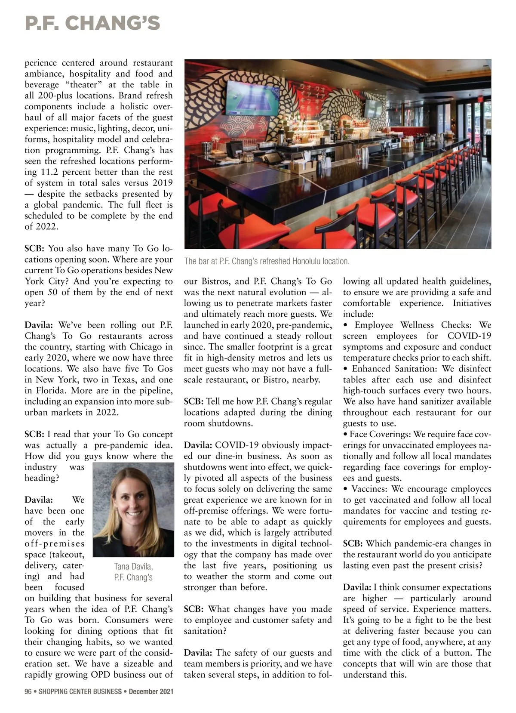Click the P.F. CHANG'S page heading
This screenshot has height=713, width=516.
pyautogui.click(x=92, y=23)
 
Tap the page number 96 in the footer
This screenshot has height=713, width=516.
pyautogui.click(x=28, y=692)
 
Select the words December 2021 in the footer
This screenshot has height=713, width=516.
pyautogui.click(x=150, y=692)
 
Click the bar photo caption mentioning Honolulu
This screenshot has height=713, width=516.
pyautogui.click(x=267, y=261)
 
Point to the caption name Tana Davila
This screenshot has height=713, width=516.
pyautogui.click(x=133, y=567)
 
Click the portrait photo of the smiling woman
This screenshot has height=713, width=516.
pyautogui.click(x=133, y=509)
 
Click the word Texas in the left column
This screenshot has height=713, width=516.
pyautogui.click(x=124, y=380)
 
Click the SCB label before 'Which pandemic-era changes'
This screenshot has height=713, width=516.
pyautogui.click(x=353, y=544)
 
